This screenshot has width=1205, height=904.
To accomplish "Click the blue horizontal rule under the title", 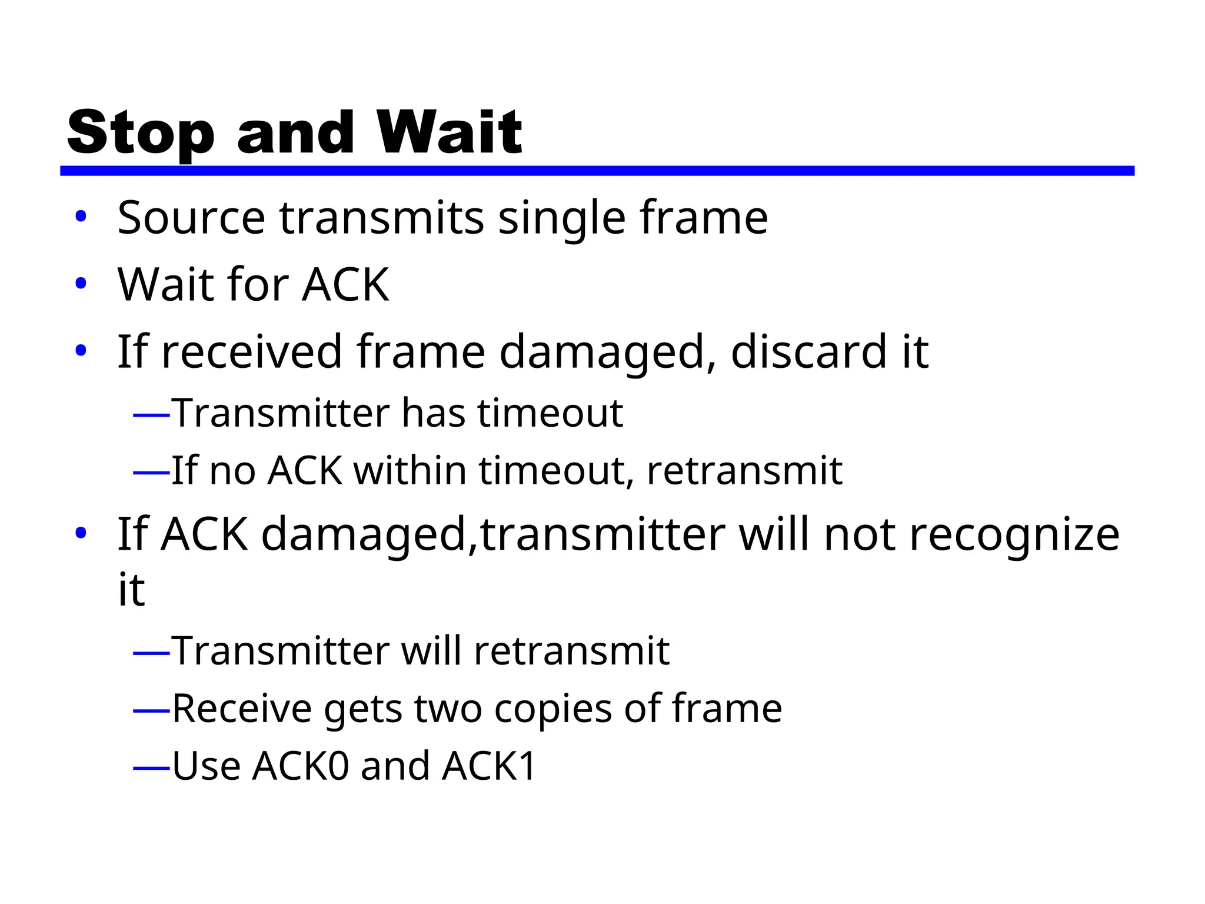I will (597, 171).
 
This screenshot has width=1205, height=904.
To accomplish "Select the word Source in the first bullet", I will (191, 218).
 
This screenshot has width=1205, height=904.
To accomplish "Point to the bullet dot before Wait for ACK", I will (81, 284).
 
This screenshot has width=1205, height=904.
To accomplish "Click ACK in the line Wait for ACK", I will (345, 285).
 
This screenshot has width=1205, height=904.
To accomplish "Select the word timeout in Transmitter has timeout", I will (550, 413).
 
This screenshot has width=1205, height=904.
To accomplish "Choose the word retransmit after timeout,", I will (744, 471).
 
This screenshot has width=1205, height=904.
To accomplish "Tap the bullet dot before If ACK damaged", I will (81, 533).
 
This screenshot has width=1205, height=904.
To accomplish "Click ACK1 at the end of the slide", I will (489, 766).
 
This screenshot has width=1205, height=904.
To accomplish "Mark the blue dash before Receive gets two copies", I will (151, 712).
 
